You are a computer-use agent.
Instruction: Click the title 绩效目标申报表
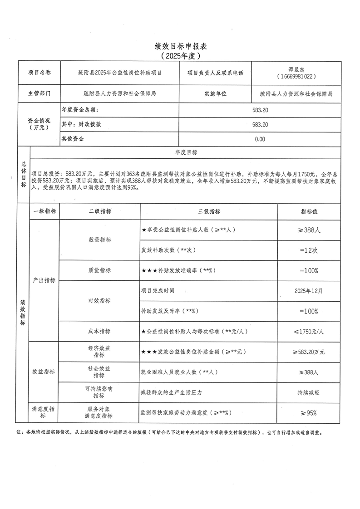(180, 46)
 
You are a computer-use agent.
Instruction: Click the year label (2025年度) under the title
(180, 56)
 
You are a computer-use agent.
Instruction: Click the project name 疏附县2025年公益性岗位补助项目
(120, 73)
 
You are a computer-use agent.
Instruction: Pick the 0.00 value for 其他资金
(259, 139)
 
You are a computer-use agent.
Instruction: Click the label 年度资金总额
(80, 110)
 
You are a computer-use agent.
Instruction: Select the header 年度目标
(186, 153)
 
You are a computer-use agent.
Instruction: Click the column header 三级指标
(209, 211)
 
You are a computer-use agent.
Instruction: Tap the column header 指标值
(309, 211)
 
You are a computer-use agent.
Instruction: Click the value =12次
(309, 250)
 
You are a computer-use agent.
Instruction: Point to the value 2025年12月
(309, 290)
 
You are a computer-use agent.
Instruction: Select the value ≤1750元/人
(309, 332)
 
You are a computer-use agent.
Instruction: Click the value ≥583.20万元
(309, 352)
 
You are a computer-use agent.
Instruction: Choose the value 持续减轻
(309, 392)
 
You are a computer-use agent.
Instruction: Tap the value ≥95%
(309, 413)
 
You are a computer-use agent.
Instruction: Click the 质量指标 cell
(99, 270)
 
